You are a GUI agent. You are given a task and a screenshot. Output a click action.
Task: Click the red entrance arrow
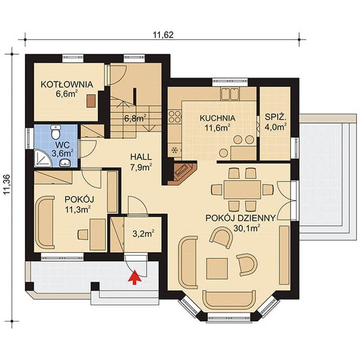(135, 277)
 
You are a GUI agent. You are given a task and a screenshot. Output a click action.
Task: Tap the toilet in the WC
(56, 132)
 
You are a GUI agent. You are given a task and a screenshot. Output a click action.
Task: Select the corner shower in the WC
(43, 158)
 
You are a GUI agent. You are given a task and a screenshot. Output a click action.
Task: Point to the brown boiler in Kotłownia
(91, 101)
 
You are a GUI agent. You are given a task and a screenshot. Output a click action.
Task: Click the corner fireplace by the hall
(182, 173)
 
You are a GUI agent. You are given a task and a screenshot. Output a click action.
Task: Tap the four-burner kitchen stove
(174, 116)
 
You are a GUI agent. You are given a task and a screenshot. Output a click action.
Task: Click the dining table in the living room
(242, 190)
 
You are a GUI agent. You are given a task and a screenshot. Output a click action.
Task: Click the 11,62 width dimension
(163, 35)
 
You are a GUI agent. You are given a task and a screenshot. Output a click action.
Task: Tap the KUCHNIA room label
(218, 118)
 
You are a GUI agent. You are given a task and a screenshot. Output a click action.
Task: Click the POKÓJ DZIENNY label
(240, 218)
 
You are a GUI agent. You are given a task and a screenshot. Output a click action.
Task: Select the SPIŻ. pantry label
(276, 117)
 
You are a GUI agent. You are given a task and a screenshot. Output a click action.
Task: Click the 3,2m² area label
(143, 233)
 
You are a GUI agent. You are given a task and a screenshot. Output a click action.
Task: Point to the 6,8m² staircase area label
(135, 118)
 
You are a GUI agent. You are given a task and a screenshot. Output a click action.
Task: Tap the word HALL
(141, 157)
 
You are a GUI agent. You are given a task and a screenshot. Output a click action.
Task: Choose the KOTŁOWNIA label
(67, 84)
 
